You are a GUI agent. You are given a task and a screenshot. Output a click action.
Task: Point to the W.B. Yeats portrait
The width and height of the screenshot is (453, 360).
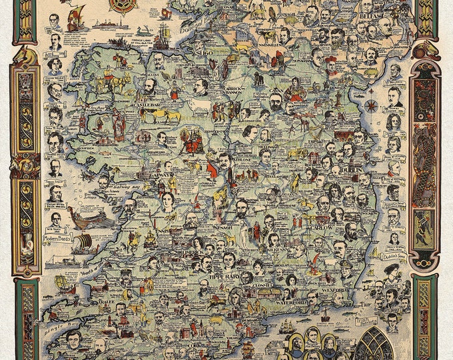coord(55,219)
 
